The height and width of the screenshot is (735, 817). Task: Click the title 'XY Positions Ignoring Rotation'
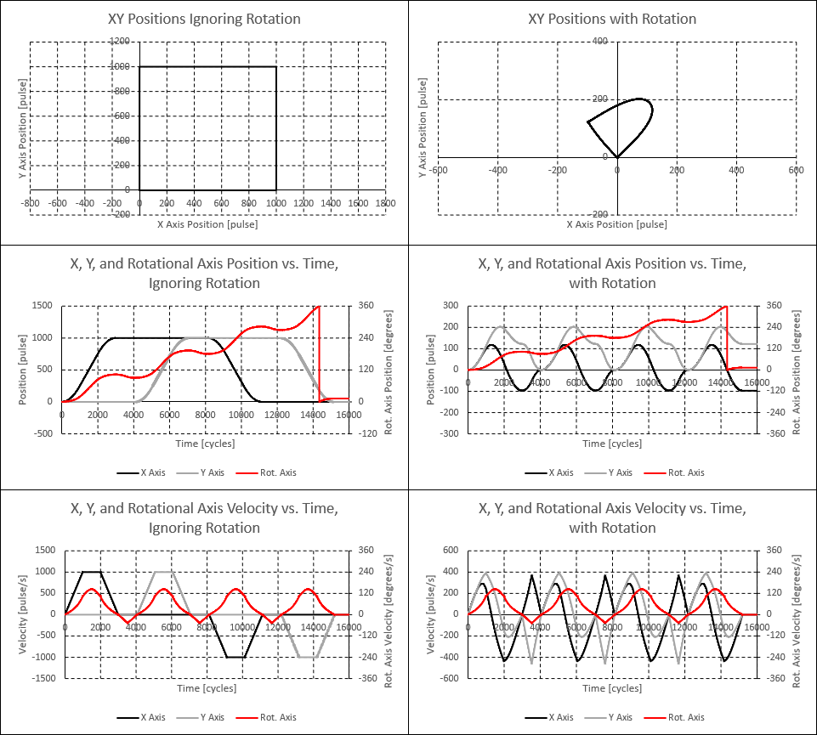[204, 19]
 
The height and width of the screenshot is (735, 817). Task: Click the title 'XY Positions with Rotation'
[612, 19]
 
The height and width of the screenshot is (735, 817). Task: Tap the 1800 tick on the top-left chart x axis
[385, 204]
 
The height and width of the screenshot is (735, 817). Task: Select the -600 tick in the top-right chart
[438, 170]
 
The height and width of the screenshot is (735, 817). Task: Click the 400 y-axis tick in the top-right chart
[600, 41]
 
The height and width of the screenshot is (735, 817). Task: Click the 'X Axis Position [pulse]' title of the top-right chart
[617, 224]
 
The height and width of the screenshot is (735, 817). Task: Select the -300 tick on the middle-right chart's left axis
[450, 433]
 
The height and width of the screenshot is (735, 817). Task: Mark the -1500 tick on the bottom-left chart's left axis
[42, 678]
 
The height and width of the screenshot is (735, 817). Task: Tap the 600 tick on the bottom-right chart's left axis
[452, 551]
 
